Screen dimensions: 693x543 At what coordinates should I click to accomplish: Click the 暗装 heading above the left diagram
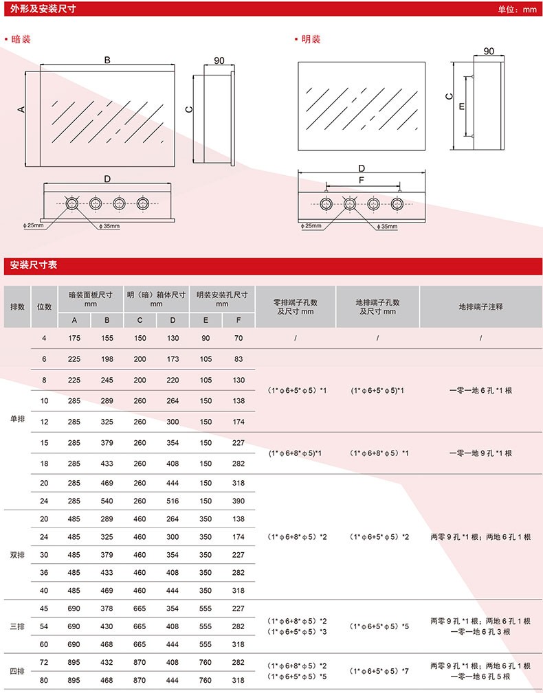pyautogui.click(x=21, y=39)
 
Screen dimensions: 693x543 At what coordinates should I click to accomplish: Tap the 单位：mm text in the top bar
pyautogui.click(x=516, y=10)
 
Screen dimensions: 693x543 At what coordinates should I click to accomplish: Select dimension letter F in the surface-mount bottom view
pyautogui.click(x=362, y=180)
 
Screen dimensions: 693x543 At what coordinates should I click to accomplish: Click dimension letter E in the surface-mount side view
pyautogui.click(x=461, y=106)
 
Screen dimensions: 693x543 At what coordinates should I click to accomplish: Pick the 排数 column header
pyautogui.click(x=17, y=306)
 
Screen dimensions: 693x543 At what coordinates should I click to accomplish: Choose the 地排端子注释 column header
pyautogui.click(x=480, y=306)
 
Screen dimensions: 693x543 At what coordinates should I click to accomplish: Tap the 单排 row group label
pyautogui.click(x=17, y=419)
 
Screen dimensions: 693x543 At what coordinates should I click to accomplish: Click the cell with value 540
pyautogui.click(x=107, y=500)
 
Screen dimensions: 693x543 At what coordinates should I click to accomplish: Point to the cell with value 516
pyautogui.click(x=173, y=500)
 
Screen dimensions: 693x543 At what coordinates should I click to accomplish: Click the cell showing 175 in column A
pyautogui.click(x=74, y=338)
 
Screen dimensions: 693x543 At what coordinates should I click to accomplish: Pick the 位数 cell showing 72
pyautogui.click(x=45, y=662)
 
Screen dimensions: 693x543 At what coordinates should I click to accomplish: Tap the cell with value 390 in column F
pyautogui.click(x=239, y=500)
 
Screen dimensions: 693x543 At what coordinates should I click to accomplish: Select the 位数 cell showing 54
pyautogui.click(x=45, y=626)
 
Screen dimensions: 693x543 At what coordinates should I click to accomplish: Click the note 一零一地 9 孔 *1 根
pyautogui.click(x=480, y=453)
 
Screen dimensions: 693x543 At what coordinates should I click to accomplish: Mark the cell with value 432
pyautogui.click(x=107, y=662)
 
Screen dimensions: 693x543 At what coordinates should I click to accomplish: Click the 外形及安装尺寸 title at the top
pyautogui.click(x=43, y=10)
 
